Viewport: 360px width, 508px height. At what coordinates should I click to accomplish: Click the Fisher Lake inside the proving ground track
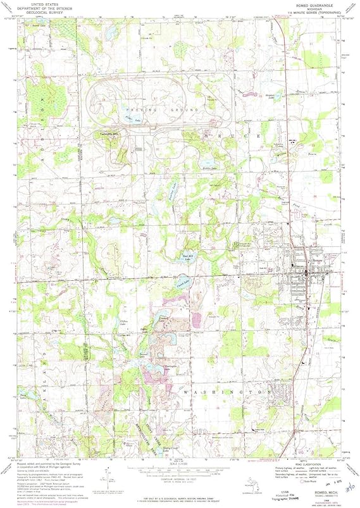click(x=131, y=118)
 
